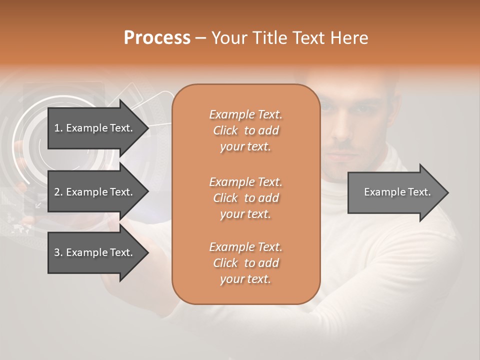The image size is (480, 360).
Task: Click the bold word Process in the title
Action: point(157,38)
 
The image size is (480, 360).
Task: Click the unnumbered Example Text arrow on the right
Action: point(397,192)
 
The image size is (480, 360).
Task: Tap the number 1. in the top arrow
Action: point(58,128)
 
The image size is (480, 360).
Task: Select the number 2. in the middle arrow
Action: point(58,192)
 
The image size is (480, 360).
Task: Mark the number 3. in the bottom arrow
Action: point(58,252)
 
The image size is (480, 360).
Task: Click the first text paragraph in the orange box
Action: point(245,130)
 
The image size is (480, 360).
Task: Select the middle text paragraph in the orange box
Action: point(245,198)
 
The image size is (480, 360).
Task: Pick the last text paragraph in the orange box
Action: point(245,263)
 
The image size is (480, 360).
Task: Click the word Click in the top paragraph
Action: point(225,130)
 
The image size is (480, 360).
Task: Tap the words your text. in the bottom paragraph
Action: point(245,279)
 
